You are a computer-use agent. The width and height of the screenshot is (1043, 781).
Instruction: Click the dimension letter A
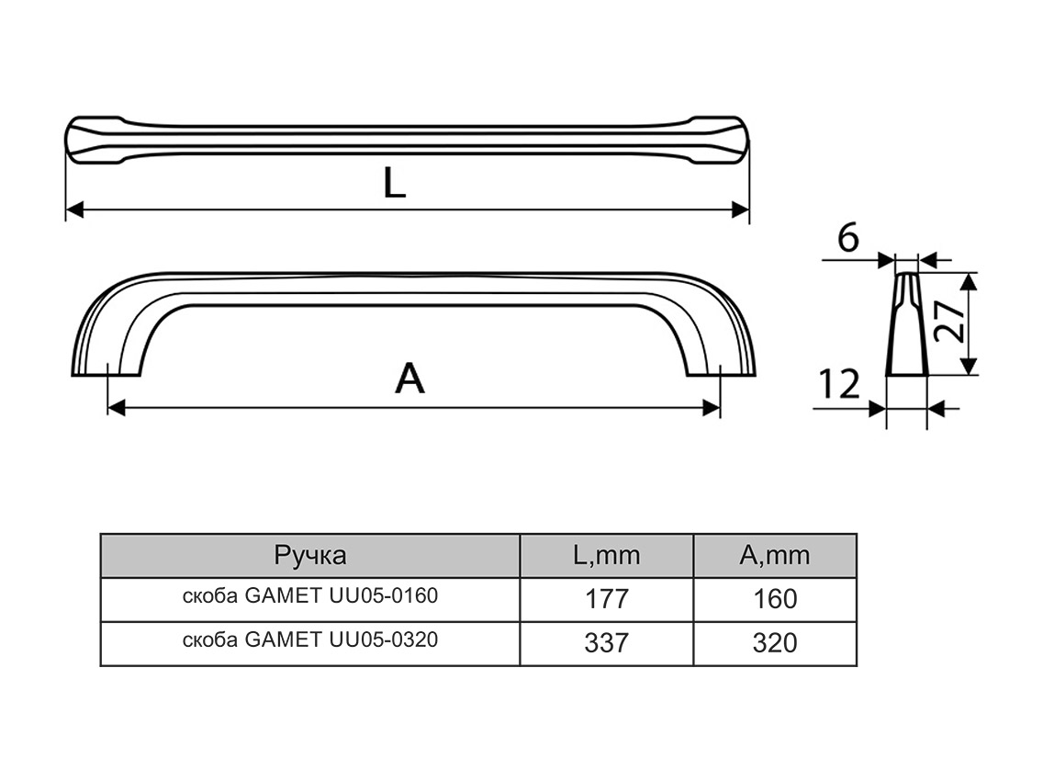pos(409,378)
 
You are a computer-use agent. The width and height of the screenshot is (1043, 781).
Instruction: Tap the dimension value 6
pos(847,238)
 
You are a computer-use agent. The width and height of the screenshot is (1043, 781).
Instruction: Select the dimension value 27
pos(952,323)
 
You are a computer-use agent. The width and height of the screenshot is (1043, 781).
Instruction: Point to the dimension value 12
pos(836,384)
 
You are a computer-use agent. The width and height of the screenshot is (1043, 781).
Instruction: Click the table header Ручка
pos(309,555)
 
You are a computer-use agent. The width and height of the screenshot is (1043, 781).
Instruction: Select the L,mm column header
pos(606,555)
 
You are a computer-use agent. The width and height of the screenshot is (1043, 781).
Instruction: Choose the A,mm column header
pos(775,555)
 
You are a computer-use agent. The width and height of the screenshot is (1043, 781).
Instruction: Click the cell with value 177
pos(606,599)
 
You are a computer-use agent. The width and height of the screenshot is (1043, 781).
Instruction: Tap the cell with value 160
pos(775,599)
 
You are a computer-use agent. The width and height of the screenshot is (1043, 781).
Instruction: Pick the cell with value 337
pos(606,643)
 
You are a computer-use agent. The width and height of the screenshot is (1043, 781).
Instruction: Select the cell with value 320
pos(775,643)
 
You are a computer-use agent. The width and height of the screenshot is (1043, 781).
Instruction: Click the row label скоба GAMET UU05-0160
pos(309,596)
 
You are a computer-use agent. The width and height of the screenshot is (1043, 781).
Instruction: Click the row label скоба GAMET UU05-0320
pos(309,640)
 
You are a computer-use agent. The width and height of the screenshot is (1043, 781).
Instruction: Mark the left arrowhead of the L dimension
pos(74,210)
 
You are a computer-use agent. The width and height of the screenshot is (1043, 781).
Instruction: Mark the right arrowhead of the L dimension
pos(740,210)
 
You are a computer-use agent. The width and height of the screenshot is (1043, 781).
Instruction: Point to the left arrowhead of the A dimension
pos(116,408)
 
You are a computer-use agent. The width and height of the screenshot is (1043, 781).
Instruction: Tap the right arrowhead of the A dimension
pos(712,408)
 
